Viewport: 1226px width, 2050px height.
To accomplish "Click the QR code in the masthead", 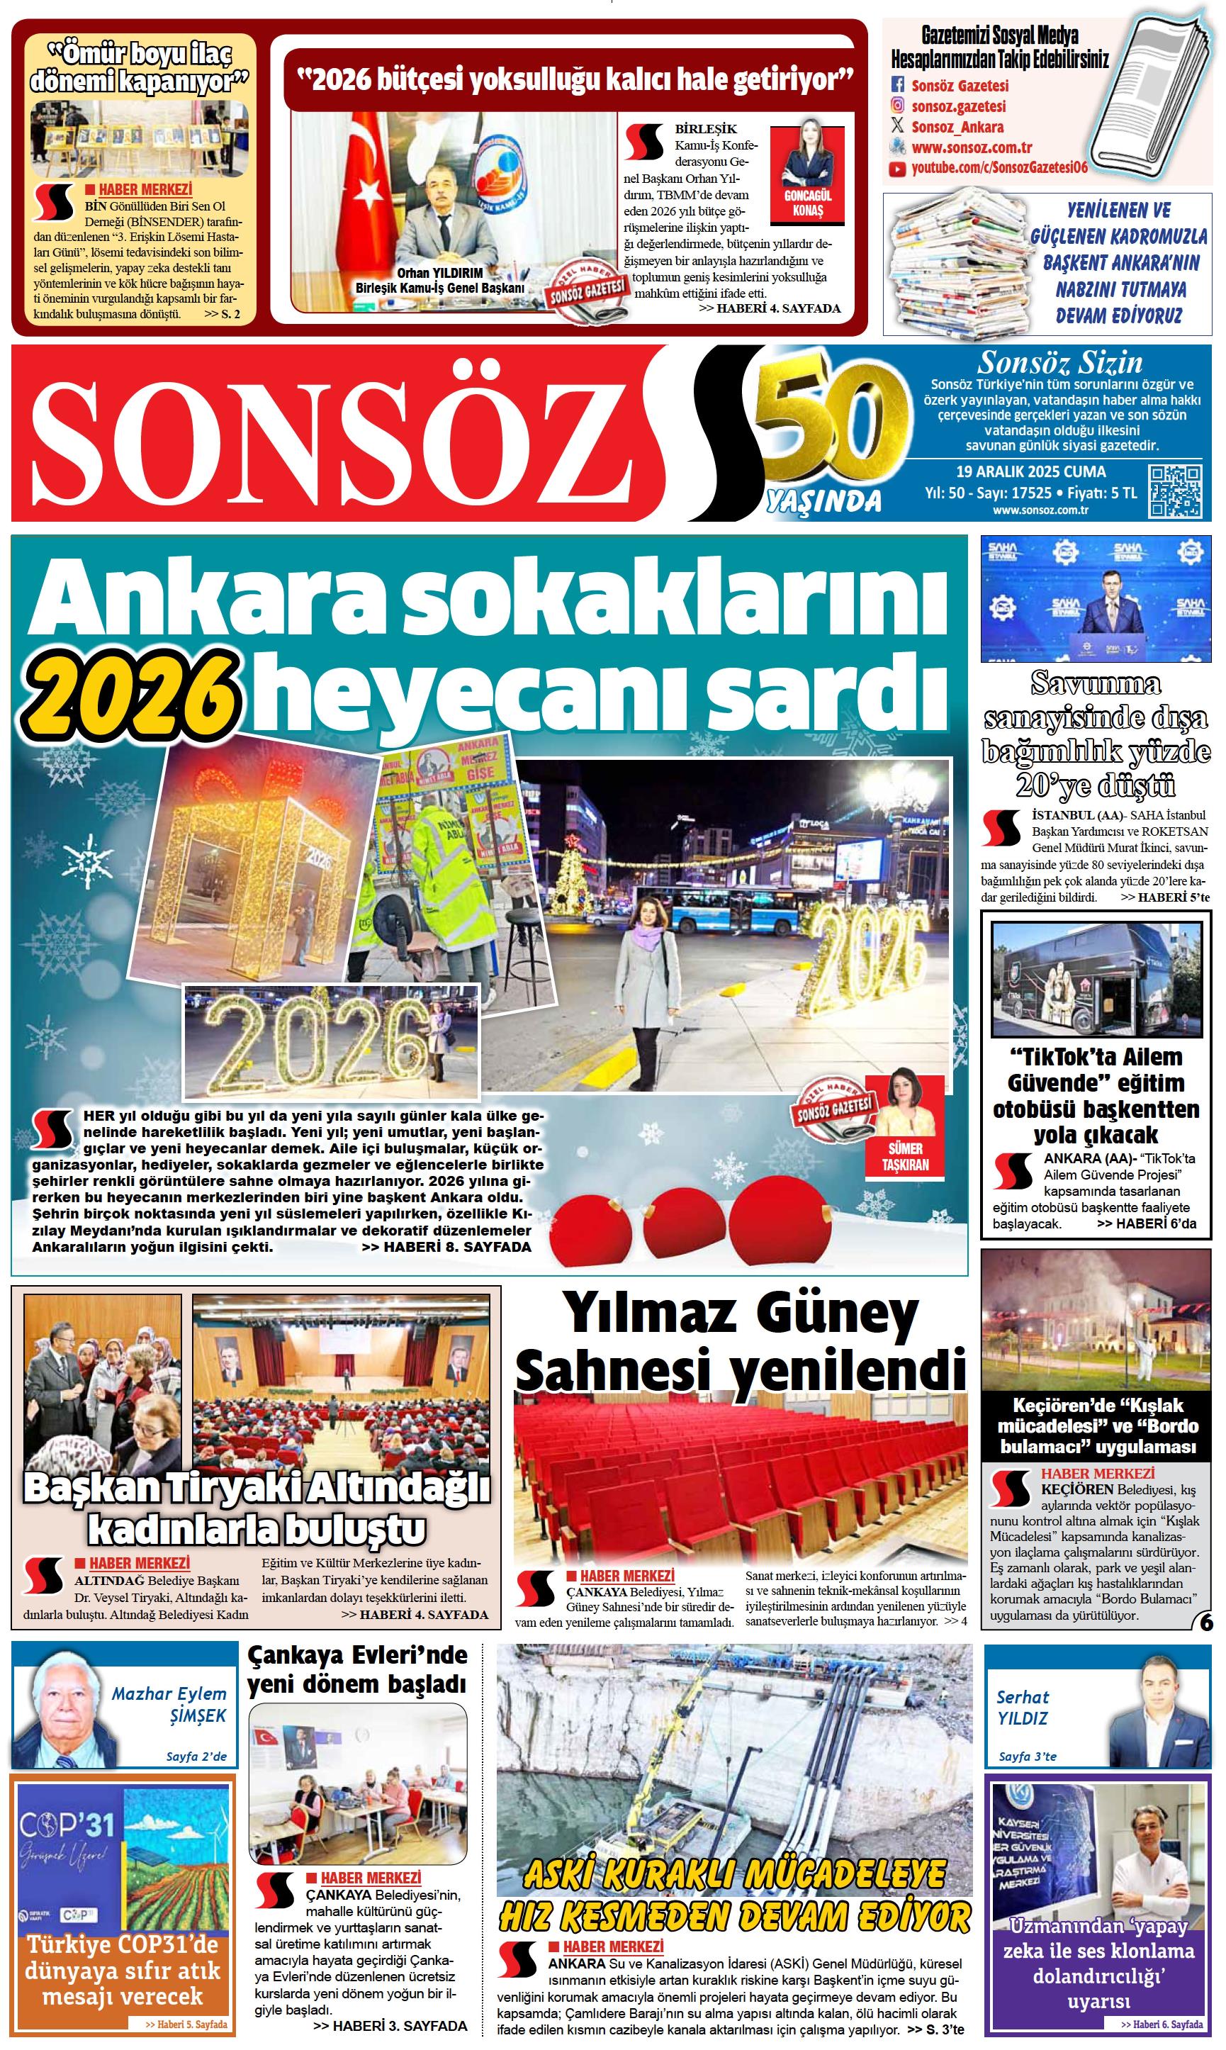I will tap(1175, 491).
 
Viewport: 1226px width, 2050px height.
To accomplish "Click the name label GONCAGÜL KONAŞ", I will tap(807, 203).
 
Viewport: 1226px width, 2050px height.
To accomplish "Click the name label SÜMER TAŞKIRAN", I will tap(905, 1157).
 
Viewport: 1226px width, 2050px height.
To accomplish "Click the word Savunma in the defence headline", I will tap(1096, 684).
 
